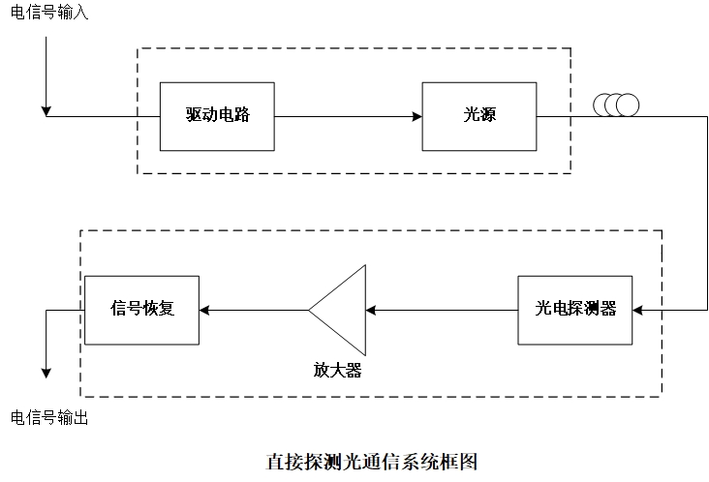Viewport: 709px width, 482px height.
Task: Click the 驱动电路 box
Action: (x=217, y=116)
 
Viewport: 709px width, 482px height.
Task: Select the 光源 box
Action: (x=479, y=116)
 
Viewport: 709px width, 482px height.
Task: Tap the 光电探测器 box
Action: (x=575, y=310)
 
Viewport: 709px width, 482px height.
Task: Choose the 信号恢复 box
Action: (x=141, y=310)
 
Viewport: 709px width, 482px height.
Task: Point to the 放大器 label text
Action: (x=337, y=370)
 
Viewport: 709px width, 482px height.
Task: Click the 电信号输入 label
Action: (x=49, y=15)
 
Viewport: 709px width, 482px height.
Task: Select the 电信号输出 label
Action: (x=49, y=418)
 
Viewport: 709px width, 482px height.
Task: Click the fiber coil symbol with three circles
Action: (x=616, y=104)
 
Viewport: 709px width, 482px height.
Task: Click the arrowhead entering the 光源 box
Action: (x=416, y=116)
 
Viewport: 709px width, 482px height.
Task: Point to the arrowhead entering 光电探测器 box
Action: (x=638, y=310)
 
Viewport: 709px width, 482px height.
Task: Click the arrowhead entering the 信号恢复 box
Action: (x=204, y=310)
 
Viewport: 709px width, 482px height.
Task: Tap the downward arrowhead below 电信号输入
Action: (x=46, y=110)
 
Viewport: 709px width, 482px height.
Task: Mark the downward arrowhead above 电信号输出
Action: (x=46, y=374)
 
